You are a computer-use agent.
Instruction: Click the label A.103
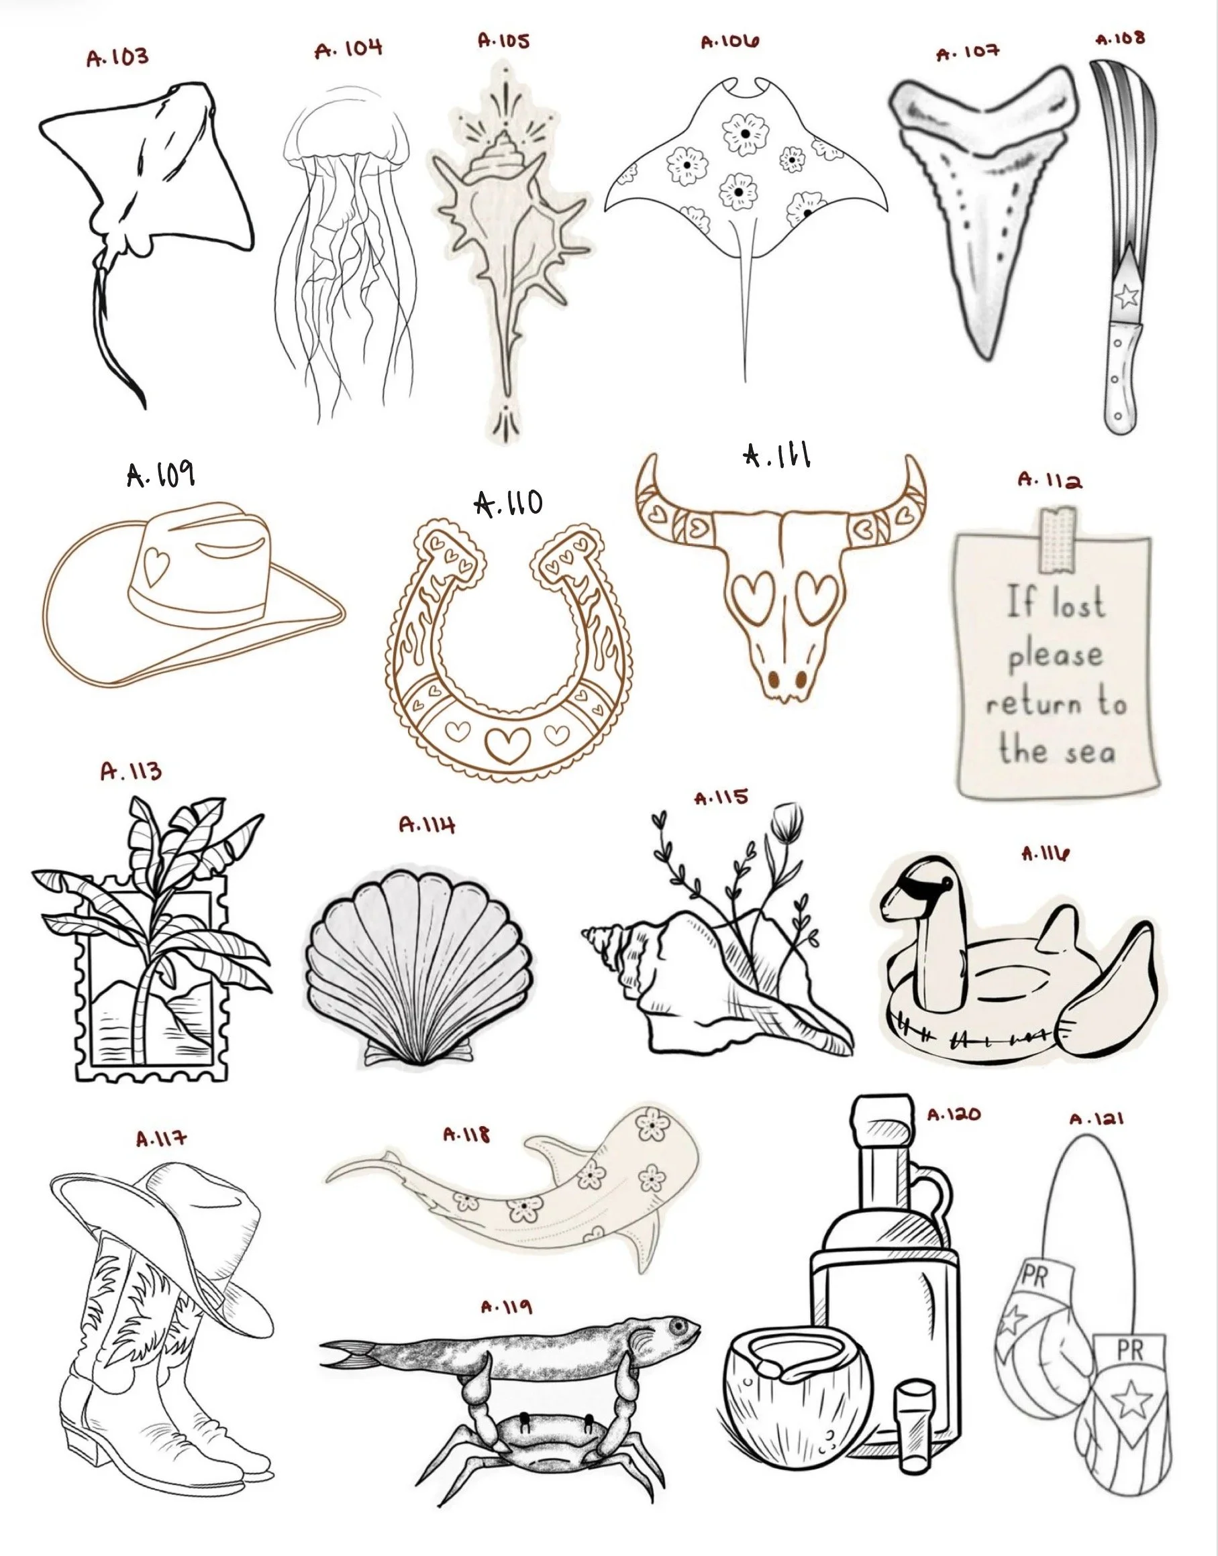click(117, 57)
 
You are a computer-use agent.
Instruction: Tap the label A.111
click(777, 455)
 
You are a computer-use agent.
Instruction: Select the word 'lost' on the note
click(1078, 603)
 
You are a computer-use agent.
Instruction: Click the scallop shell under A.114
click(419, 966)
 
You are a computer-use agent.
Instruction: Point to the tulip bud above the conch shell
click(789, 822)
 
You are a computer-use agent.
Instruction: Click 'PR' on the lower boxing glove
click(1129, 1350)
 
